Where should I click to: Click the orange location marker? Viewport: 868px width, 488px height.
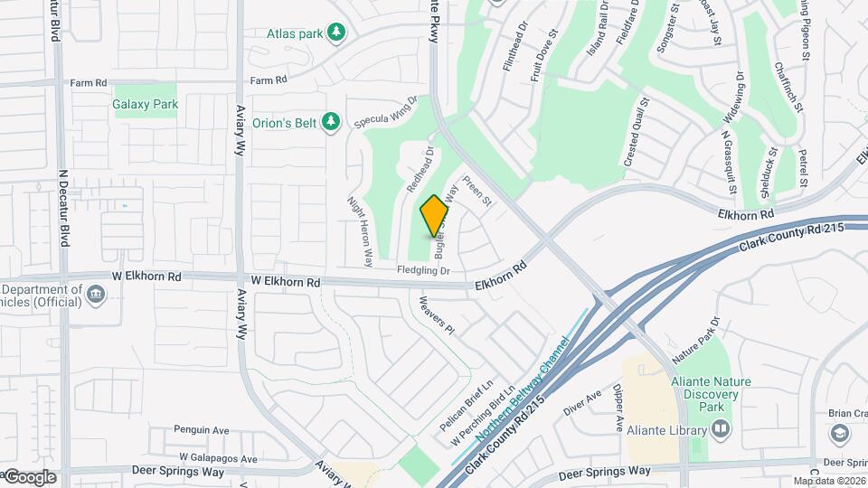pos(435,215)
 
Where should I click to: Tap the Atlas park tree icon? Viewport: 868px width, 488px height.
pos(336,33)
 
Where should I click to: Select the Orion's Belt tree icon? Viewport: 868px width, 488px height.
pos(331,121)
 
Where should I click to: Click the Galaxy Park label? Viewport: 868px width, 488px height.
pos(146,104)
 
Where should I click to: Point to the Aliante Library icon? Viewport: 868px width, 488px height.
pos(721,430)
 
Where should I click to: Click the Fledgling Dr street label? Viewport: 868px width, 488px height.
pos(423,270)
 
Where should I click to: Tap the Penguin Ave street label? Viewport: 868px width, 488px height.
pos(203,430)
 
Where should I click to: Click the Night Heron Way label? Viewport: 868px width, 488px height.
pos(360,231)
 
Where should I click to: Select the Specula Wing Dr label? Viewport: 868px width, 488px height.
pos(387,113)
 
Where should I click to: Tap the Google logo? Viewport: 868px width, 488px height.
pos(29,476)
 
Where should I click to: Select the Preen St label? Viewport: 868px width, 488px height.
pos(476,191)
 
